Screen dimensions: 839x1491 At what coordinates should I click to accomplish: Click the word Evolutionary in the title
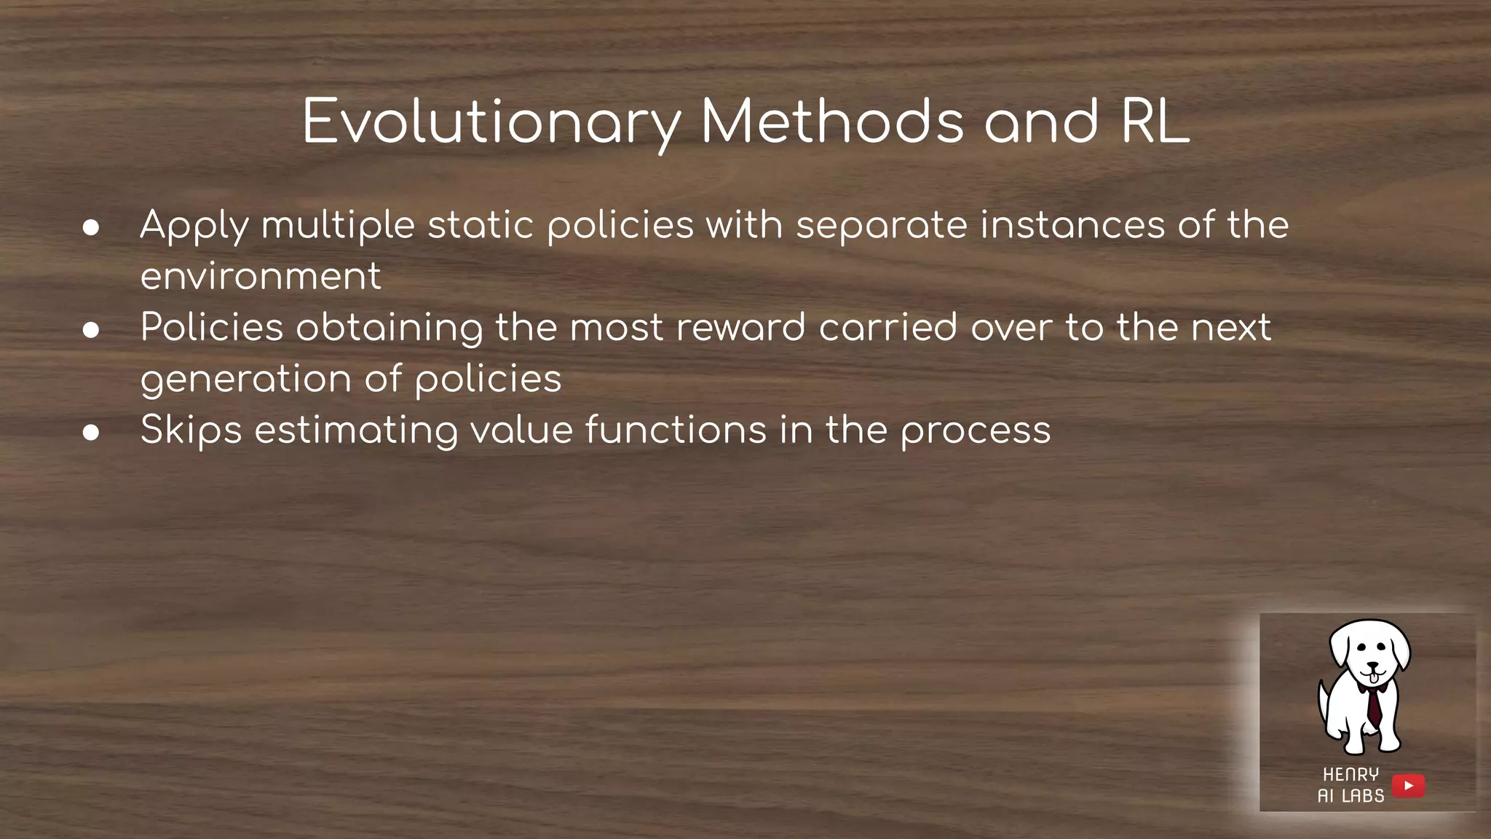[x=491, y=122]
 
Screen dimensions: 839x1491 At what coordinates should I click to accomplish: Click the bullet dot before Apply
[x=91, y=228]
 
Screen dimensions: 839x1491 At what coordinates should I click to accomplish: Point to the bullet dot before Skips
[x=91, y=433]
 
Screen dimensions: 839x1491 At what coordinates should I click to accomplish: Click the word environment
[x=260, y=277]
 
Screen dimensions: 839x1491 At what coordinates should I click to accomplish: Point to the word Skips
[x=191, y=430]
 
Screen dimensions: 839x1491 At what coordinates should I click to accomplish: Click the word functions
[x=676, y=430]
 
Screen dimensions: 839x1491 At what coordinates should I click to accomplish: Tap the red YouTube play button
[x=1408, y=786]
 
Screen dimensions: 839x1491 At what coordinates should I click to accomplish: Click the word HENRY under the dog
[x=1350, y=774]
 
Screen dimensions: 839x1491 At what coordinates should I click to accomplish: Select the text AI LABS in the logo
[x=1350, y=796]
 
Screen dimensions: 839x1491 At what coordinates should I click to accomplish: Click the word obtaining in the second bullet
[x=389, y=327]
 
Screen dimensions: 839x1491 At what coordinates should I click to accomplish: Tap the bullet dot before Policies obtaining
[x=91, y=330]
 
